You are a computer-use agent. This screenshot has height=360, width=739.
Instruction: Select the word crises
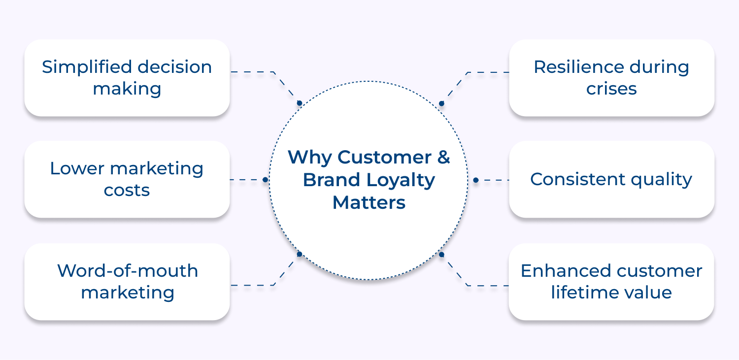(x=611, y=89)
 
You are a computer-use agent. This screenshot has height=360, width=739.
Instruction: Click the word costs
(x=127, y=191)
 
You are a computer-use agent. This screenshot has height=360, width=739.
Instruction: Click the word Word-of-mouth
(x=127, y=271)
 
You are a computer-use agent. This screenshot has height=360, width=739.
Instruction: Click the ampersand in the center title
(x=443, y=158)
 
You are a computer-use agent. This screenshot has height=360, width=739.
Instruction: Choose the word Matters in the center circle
(x=369, y=202)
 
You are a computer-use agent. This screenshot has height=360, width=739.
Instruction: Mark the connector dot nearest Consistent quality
(x=476, y=180)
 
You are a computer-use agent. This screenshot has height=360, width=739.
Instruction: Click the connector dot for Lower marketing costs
(x=265, y=180)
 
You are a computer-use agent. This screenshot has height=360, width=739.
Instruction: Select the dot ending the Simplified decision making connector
(x=299, y=103)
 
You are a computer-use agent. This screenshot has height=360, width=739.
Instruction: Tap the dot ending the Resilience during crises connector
(x=441, y=103)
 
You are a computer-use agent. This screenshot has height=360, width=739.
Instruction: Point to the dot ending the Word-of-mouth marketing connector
(x=299, y=255)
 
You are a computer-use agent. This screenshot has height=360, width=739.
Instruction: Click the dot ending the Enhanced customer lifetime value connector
(x=441, y=255)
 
